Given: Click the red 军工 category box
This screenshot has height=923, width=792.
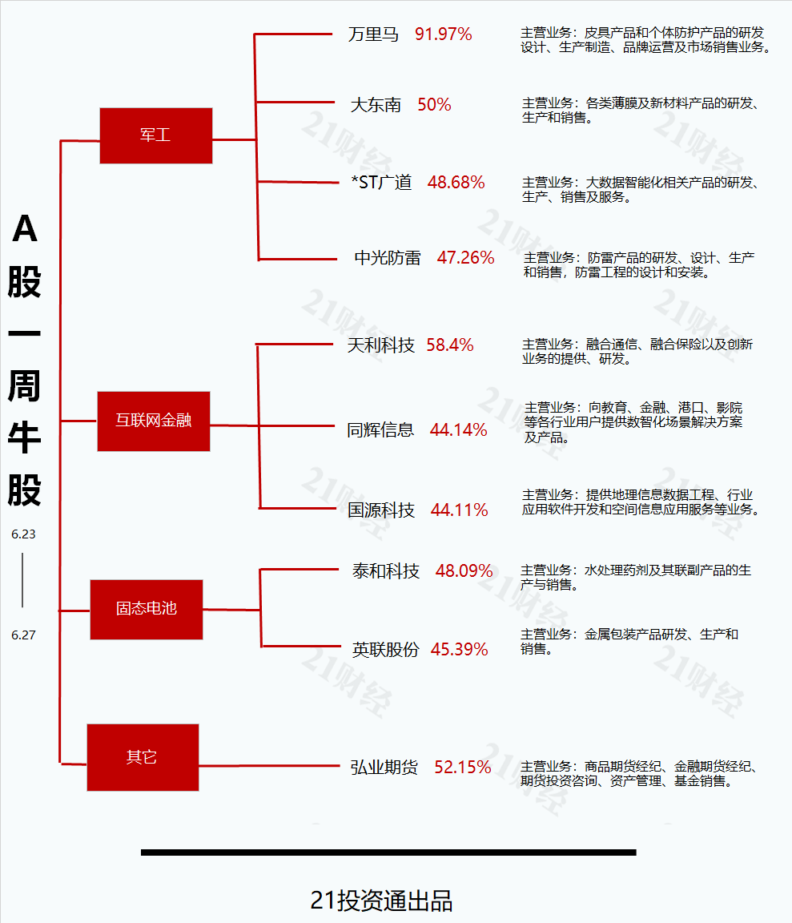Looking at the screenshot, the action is (156, 135).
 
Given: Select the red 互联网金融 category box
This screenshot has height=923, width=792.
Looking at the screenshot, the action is (154, 421).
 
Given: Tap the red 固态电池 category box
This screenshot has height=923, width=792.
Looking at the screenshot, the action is (147, 609).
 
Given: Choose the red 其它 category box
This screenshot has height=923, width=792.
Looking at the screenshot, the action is (143, 757).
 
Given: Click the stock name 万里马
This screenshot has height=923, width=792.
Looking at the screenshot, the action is (373, 34).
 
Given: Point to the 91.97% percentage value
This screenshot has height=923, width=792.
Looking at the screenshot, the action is (443, 34).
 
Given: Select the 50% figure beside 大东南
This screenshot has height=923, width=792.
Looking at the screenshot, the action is (434, 105).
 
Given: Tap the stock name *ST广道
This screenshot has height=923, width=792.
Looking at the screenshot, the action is (381, 183).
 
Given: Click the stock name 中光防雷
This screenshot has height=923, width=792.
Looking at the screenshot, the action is (387, 258).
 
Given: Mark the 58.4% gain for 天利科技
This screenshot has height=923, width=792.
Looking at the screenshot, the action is (449, 345).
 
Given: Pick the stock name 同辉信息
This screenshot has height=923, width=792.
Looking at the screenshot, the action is (380, 429).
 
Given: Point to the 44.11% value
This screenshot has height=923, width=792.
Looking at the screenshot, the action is (459, 510).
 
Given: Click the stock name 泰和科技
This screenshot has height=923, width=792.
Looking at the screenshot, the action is (385, 571).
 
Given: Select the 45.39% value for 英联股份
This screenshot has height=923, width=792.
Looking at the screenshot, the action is (459, 649).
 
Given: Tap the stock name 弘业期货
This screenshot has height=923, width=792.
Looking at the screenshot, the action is (384, 767).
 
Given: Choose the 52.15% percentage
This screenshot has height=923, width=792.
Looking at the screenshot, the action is (463, 767).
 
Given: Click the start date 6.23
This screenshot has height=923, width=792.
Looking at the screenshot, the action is (23, 534).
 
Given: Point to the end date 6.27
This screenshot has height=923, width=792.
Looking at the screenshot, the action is (23, 635).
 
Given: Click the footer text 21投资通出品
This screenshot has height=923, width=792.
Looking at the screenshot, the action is (381, 901).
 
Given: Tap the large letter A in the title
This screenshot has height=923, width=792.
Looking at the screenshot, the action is (25, 228).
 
